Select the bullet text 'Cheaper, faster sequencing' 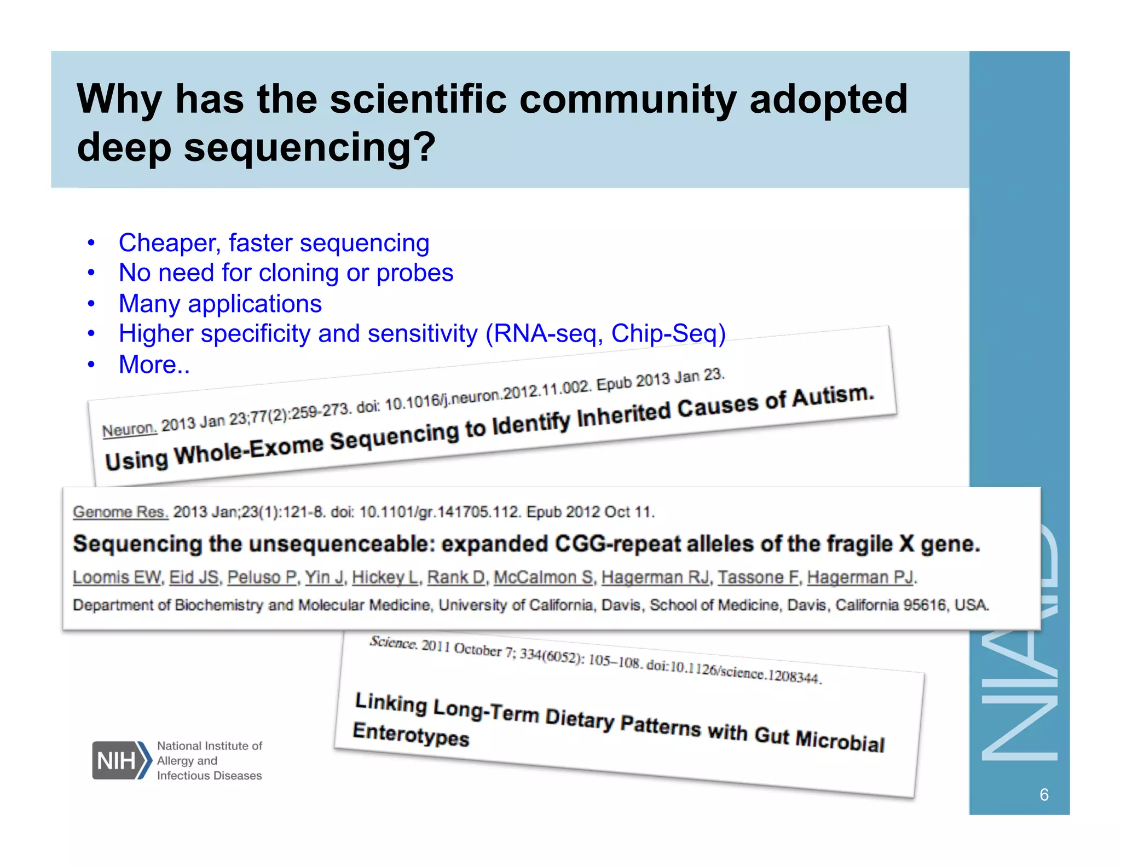(x=274, y=243)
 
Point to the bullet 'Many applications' (x=220, y=304)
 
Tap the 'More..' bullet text (x=154, y=365)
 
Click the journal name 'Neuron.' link (x=129, y=429)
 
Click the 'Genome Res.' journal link (x=120, y=512)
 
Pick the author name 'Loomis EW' (x=117, y=578)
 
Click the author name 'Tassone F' (x=758, y=578)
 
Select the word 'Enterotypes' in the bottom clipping (x=411, y=735)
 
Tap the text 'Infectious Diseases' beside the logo (x=209, y=776)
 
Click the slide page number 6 (x=1043, y=795)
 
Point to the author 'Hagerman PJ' (x=860, y=578)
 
